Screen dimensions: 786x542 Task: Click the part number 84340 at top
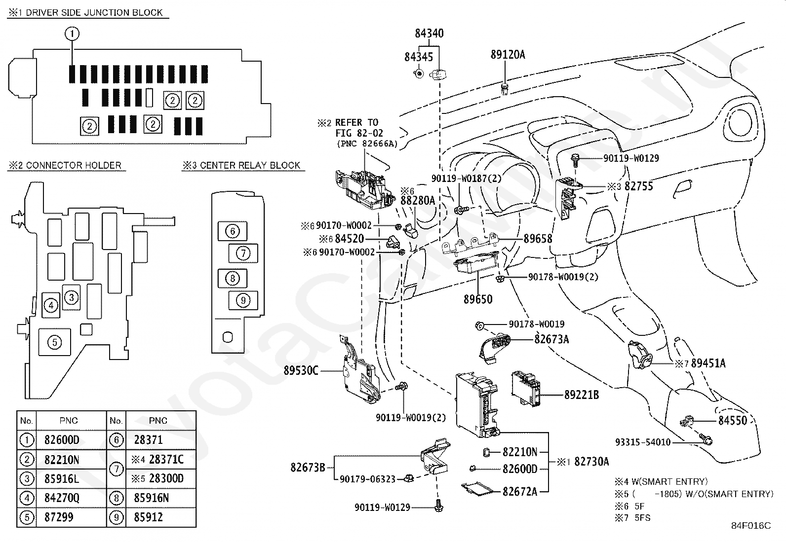429,34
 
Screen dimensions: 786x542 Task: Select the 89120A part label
508,55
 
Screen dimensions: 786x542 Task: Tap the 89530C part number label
301,370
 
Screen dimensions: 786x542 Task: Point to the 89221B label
582,395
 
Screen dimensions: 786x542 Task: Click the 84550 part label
733,420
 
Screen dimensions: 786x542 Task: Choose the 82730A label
591,462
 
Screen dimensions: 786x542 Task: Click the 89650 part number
478,299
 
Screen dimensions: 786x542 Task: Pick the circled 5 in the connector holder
54,342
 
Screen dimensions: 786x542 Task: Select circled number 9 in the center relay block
243,300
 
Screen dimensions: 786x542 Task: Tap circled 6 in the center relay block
232,231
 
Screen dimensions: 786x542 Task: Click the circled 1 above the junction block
72,34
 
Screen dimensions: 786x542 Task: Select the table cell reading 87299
59,517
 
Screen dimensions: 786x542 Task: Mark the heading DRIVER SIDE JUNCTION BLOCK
94,13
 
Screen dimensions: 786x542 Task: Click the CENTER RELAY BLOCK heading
250,165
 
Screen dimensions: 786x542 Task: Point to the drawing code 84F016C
751,526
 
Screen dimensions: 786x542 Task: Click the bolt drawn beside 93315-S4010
706,439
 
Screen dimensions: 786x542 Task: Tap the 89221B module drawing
525,389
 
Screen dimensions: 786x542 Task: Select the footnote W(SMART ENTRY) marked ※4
669,481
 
